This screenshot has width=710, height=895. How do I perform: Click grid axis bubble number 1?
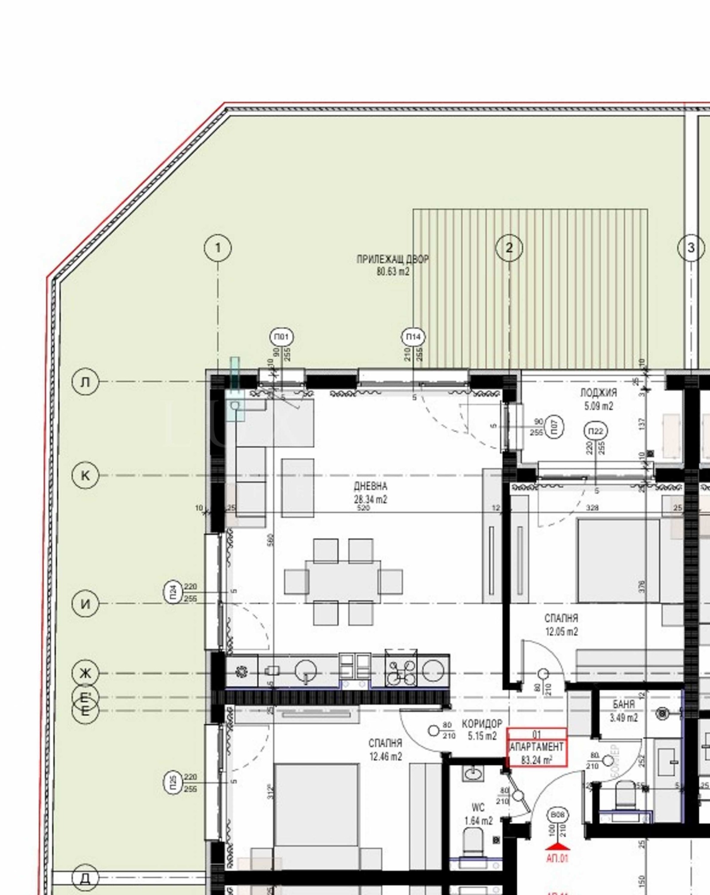pyautogui.click(x=217, y=247)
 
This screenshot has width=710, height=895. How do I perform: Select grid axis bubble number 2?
pyautogui.click(x=509, y=247)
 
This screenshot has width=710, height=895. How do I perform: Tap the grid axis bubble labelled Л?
pyautogui.click(x=85, y=382)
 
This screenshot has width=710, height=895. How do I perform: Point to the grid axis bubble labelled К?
pyautogui.click(x=85, y=475)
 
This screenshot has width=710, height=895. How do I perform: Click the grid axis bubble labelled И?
pyautogui.click(x=85, y=604)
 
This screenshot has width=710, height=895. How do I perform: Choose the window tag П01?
pyautogui.click(x=281, y=337)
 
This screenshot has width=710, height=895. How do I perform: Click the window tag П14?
pyautogui.click(x=413, y=337)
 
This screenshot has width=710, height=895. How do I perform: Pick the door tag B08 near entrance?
pyautogui.click(x=557, y=815)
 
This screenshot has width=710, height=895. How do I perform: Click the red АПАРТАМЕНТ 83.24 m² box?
pyautogui.click(x=537, y=747)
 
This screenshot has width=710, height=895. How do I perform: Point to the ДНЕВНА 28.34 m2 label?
pyautogui.click(x=371, y=493)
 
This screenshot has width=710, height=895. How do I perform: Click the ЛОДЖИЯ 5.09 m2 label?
pyautogui.click(x=599, y=399)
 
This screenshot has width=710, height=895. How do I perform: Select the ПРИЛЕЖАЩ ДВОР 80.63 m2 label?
pyautogui.click(x=393, y=265)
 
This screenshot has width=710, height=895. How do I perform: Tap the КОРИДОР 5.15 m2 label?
pyautogui.click(x=482, y=730)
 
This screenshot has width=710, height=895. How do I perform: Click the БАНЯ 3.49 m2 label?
pyautogui.click(x=623, y=711)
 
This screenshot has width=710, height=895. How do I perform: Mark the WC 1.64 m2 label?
pyautogui.click(x=478, y=814)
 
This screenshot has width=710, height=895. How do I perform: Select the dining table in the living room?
pyautogui.click(x=343, y=581)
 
